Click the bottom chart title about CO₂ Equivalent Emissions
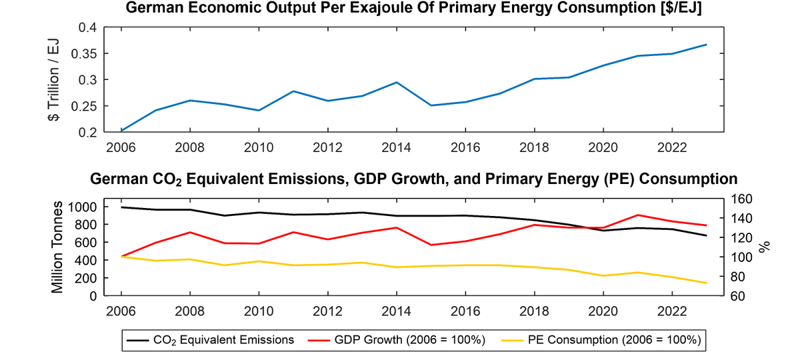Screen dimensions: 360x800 click(413, 179)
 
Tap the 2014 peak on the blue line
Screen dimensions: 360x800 click(397, 82)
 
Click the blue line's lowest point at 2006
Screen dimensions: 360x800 click(122, 131)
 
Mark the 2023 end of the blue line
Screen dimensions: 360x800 click(707, 45)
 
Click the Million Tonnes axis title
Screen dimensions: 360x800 click(58, 247)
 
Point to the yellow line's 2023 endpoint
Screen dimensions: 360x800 click(707, 283)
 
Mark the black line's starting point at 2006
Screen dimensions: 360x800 click(122, 207)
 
